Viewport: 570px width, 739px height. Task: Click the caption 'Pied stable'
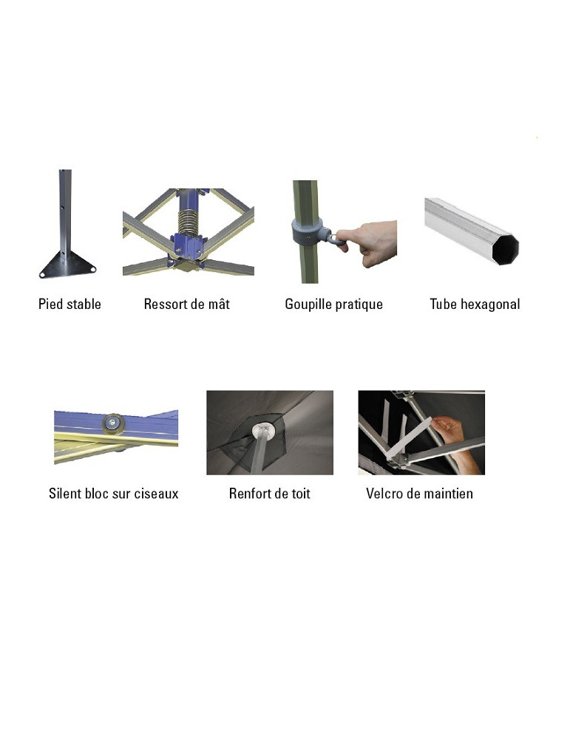69,304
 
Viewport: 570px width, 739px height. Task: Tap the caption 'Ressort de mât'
187,304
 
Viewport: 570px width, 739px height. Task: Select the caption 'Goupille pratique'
334,304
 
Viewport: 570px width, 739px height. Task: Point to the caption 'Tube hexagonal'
475,304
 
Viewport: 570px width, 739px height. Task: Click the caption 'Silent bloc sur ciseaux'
114,494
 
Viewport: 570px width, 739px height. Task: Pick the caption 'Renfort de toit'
270,494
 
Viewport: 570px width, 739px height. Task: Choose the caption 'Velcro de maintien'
420,494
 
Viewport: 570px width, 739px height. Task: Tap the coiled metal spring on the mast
189,220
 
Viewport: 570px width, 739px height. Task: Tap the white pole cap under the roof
264,429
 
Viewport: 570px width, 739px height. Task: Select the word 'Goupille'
308,304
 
